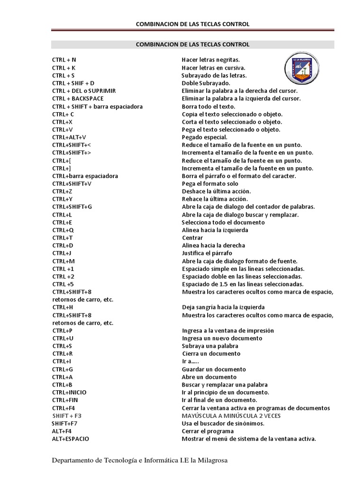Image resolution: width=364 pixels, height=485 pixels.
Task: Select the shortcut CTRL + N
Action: tap(64, 60)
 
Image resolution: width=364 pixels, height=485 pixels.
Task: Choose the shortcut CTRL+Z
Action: tap(62, 191)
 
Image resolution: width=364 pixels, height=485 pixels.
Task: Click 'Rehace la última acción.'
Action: tap(215, 199)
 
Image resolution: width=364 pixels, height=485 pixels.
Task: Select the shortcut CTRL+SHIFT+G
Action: tap(72, 207)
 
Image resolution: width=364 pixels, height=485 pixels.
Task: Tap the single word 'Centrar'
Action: tap(192, 238)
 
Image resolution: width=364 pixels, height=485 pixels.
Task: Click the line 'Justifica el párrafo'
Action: tap(207, 253)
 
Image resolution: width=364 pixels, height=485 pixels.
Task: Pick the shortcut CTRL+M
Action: tap(64, 261)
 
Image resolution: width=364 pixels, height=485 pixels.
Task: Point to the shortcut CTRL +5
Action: tap(63, 284)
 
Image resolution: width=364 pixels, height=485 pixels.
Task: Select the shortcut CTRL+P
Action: tap(63, 331)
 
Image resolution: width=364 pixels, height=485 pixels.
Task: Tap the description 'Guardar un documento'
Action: tap(214, 369)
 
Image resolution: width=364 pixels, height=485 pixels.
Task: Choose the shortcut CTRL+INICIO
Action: tap(69, 392)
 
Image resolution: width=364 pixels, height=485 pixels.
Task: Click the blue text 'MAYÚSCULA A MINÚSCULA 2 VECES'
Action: tap(231, 415)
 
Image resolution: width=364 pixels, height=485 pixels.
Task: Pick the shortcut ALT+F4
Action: tap(62, 431)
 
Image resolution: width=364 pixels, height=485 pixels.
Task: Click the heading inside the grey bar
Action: tap(192, 45)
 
